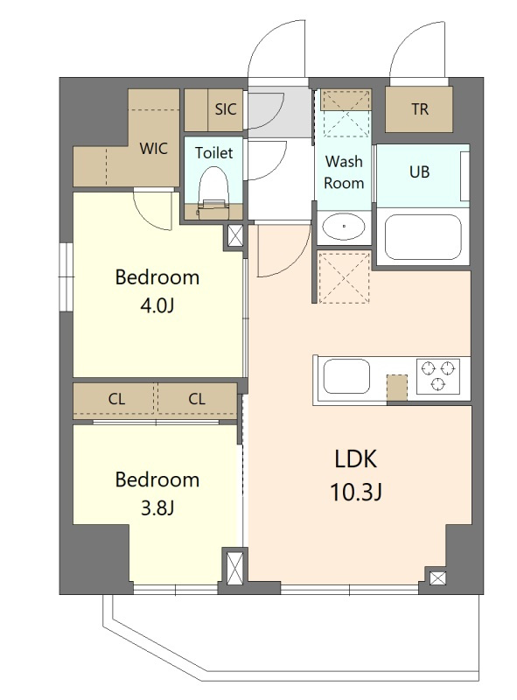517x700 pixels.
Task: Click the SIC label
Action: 226,108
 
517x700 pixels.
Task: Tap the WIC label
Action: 154,148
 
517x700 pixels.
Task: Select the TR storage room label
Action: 419,108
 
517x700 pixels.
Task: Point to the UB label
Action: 419,171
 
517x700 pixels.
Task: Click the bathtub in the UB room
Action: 423,237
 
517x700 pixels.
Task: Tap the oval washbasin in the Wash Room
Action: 344,227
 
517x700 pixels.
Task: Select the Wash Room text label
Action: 344,171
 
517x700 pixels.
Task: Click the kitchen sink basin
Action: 346,376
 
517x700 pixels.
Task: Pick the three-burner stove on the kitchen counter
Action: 437,375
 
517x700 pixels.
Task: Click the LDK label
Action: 356,458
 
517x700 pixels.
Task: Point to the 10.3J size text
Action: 356,493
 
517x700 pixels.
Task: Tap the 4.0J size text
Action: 157,306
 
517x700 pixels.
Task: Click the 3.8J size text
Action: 157,508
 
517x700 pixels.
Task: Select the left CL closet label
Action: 116,399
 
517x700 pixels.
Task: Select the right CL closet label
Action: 197,399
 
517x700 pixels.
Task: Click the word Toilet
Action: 213,153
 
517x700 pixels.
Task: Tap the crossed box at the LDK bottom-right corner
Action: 437,578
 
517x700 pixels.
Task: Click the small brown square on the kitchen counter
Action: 397,388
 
